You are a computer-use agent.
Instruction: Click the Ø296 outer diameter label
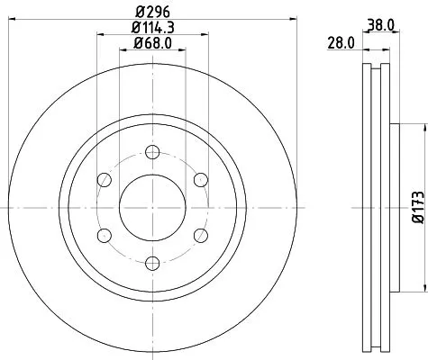pos(152,13)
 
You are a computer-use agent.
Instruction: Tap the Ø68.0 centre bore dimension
pos(152,45)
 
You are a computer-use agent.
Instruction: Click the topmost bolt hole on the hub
pos(152,151)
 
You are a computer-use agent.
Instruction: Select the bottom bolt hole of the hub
pos(152,262)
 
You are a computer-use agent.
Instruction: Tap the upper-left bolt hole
pos(105,179)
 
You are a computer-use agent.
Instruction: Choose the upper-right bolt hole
pos(200,179)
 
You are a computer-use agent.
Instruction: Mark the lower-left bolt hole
pos(105,235)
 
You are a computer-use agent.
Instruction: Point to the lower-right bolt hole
pos(200,235)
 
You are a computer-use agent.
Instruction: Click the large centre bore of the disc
pos(152,207)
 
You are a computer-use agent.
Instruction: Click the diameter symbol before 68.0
pos(137,45)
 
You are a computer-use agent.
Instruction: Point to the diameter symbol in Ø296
pos(140,13)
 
